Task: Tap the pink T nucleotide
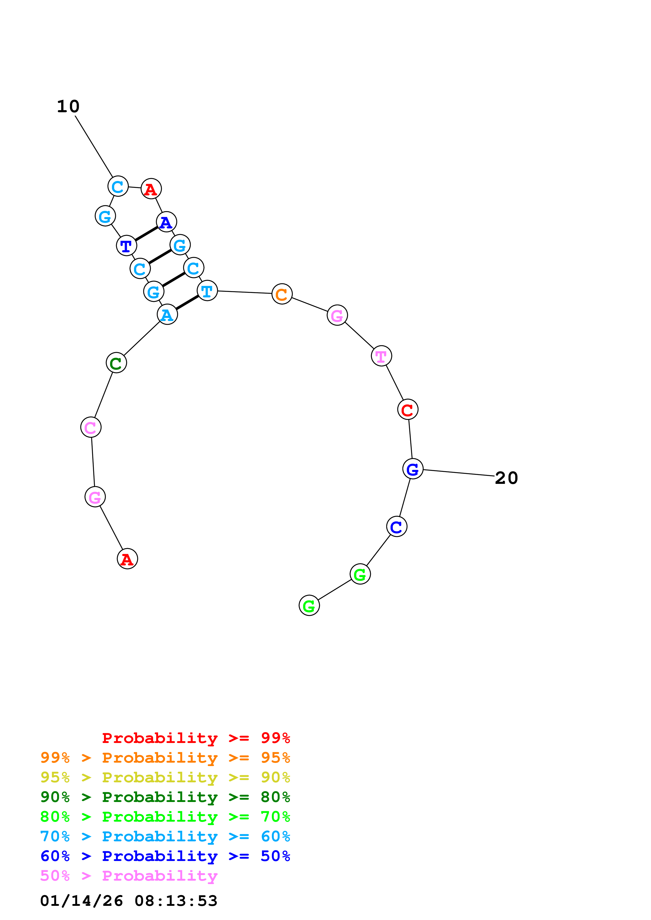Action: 381,356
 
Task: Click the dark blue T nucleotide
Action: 126,246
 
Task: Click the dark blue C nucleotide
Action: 396,527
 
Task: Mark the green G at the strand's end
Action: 309,606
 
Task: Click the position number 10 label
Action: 68,106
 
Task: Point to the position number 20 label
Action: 506,478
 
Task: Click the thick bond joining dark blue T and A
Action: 147,234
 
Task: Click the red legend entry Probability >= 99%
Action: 196,738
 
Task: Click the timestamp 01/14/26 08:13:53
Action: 129,901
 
